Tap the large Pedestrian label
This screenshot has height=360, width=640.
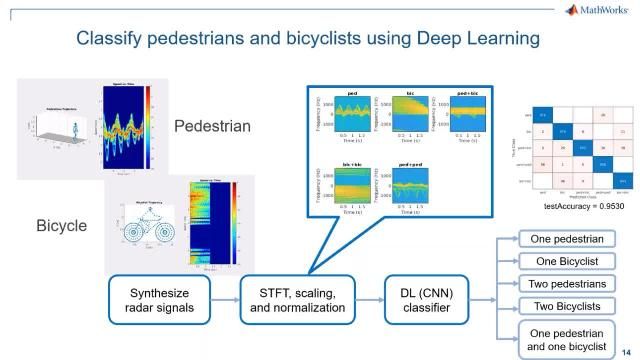(212, 127)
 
